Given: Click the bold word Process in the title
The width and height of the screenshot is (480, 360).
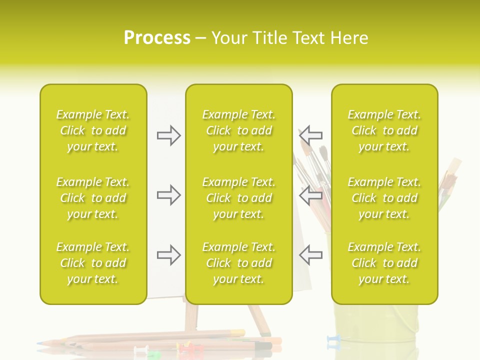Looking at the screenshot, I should point(157,38).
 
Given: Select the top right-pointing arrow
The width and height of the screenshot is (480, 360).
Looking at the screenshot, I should point(169,135).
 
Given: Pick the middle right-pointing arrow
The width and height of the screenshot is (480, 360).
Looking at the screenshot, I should point(169,195).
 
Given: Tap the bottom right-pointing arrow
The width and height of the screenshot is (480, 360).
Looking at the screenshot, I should point(169,255).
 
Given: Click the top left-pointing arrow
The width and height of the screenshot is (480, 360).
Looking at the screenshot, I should point(310,135).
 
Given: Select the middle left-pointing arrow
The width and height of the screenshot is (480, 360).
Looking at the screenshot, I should point(310,195).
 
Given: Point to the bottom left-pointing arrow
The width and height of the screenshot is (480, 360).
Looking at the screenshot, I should point(310,255).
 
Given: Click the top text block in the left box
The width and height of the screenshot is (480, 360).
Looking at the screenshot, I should point(93,130).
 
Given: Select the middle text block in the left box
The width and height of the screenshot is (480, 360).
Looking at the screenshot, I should point(93,198).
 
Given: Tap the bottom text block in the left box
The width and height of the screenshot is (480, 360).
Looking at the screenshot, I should point(93,263).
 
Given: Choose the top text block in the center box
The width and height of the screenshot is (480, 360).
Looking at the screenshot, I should point(239,130).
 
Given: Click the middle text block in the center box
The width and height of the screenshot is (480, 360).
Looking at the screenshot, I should point(239,198).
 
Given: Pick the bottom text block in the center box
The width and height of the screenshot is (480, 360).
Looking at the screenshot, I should point(239,263).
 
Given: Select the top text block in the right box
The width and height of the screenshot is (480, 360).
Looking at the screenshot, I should point(384,130).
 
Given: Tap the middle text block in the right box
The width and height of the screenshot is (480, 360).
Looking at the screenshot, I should point(384,198).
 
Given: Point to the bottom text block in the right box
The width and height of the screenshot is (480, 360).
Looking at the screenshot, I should point(384,263).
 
